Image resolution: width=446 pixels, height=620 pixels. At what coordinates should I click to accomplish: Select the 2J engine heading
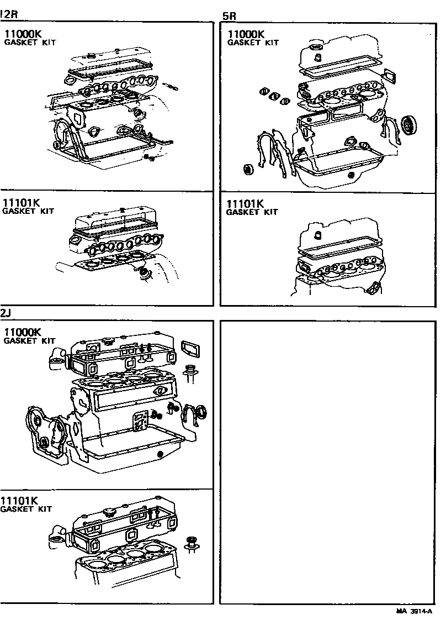(x=6, y=313)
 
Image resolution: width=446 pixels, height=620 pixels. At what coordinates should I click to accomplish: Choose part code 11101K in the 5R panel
(x=245, y=203)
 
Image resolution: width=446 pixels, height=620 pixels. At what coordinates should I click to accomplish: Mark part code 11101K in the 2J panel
(x=19, y=501)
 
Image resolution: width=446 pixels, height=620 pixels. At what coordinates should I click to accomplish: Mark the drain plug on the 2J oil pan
(x=160, y=454)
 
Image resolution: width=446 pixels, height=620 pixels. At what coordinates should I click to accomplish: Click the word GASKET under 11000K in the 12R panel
(x=19, y=43)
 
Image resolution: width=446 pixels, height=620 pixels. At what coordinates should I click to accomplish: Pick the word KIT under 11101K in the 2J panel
(x=45, y=509)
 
